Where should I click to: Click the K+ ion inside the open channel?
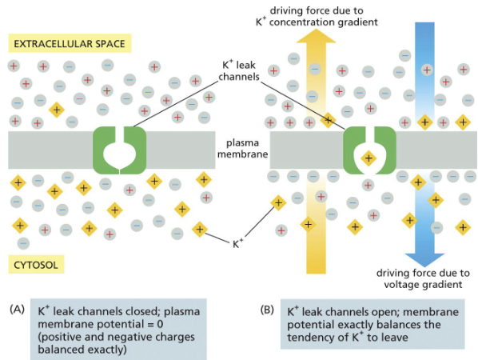[368, 158]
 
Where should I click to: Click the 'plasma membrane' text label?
[243, 148]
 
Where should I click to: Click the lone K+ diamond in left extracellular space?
[56, 109]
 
